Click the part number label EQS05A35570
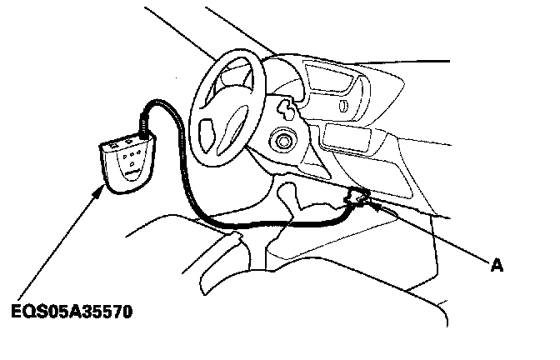point(72,313)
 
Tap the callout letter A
point(497,266)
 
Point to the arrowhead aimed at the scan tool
point(105,189)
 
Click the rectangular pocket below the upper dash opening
point(347,137)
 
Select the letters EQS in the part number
point(28,313)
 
